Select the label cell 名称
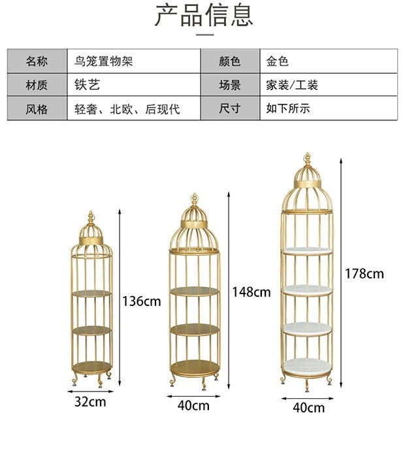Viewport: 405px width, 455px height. point(37,62)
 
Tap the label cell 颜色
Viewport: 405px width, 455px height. point(229,62)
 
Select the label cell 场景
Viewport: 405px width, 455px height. point(229,85)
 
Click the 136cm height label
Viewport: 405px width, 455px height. point(141,301)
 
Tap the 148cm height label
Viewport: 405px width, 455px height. point(251,292)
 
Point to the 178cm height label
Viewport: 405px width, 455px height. point(364,274)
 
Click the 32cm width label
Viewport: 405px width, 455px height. point(89,401)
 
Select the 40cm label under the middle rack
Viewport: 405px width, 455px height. point(193,405)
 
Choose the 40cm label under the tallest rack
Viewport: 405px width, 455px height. point(308,408)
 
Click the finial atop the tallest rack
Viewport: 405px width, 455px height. point(307,160)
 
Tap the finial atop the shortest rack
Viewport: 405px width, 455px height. point(91,216)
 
